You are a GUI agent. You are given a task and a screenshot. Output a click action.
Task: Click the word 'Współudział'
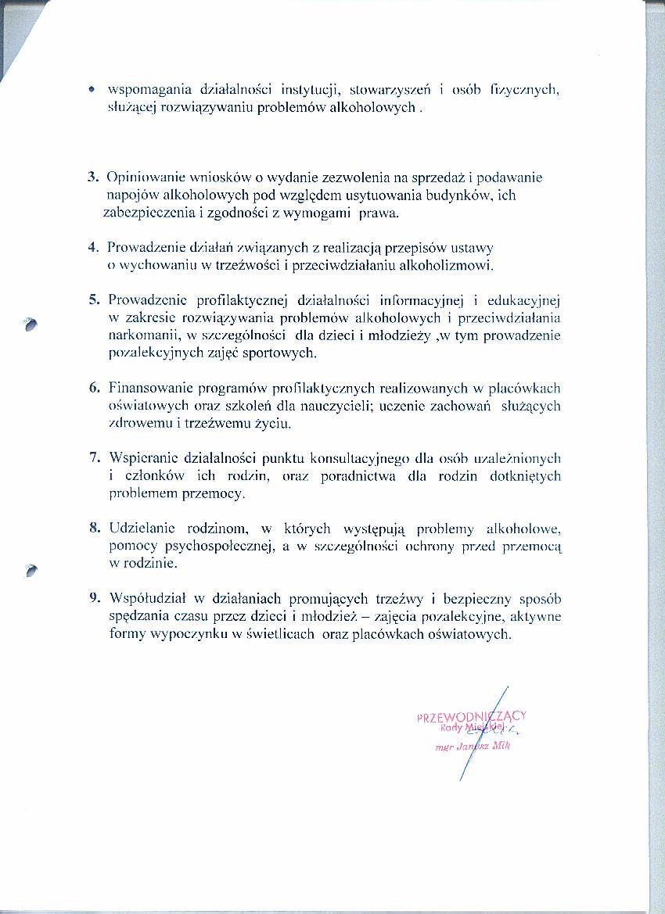tap(146, 598)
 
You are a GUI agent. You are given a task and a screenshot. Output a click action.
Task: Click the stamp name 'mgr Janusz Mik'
tap(473, 746)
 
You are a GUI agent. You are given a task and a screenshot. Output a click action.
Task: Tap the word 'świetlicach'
tap(269, 634)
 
